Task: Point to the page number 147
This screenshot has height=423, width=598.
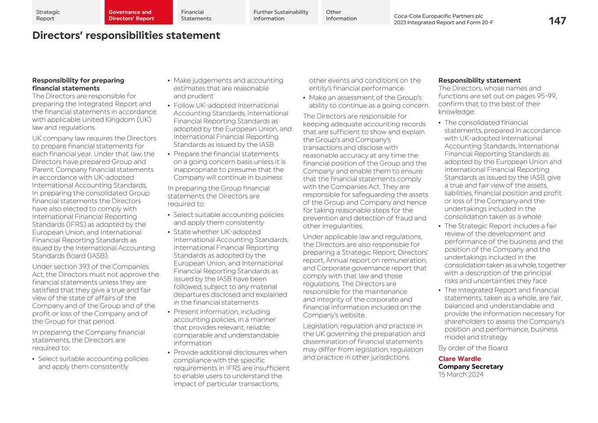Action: (557, 21)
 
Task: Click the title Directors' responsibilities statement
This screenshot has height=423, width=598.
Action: (126, 36)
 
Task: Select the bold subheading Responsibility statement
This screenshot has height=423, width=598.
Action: (479, 81)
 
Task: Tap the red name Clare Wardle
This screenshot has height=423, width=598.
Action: (460, 359)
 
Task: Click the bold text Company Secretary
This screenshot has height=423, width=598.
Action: (471, 367)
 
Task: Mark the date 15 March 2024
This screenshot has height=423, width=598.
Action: (461, 375)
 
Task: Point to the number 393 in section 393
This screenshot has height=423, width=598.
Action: (84, 267)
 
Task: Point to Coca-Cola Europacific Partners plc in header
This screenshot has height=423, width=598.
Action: (438, 16)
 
